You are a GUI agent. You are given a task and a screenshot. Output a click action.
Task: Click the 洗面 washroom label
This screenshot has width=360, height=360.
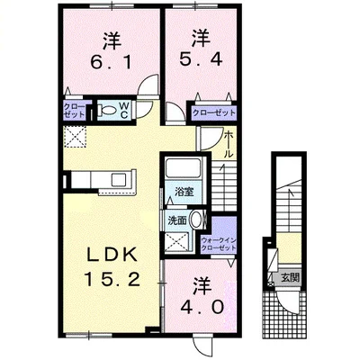point(176,219)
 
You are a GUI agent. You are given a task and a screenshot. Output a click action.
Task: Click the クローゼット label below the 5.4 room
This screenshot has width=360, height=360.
point(213,112)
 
